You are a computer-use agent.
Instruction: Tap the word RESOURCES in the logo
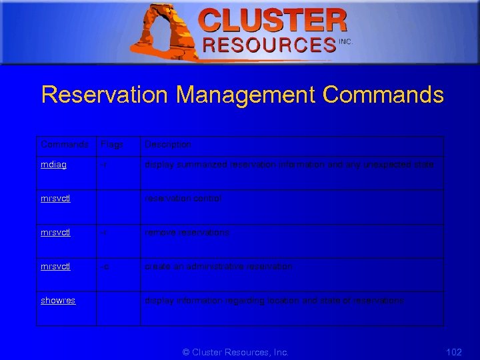coord(269,45)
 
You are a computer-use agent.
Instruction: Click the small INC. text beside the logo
coord(345,41)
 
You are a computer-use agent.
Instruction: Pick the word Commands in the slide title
coord(383,95)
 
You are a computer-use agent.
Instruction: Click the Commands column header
coord(65,145)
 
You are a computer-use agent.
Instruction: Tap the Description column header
coord(168,145)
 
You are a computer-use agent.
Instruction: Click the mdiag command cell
coord(53,165)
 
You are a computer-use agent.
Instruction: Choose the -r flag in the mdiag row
coord(104,165)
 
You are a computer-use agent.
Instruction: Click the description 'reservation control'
coord(183,199)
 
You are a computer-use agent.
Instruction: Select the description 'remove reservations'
coord(187,233)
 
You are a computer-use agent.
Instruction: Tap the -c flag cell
coord(105,267)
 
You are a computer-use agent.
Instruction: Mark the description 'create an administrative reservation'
coord(219,267)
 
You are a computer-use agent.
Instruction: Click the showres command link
coord(58,301)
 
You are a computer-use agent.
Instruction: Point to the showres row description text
coord(275,301)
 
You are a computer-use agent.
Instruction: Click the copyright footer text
coord(235,352)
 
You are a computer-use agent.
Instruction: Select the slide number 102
coord(453,352)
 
